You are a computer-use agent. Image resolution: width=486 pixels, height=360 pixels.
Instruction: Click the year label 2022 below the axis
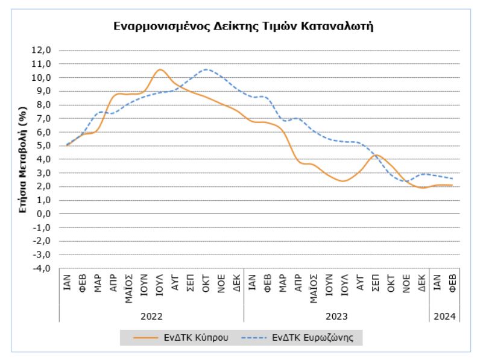(151, 316)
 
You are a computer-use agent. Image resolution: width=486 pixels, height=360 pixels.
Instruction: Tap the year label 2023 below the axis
(336, 316)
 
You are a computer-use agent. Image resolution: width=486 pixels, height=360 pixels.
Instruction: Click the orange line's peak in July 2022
(159, 69)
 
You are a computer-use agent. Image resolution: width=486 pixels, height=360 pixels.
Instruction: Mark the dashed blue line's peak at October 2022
(206, 69)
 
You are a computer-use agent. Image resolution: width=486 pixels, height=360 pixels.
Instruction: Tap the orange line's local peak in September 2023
(376, 155)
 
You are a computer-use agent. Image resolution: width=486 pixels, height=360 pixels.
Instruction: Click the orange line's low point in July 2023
(344, 181)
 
